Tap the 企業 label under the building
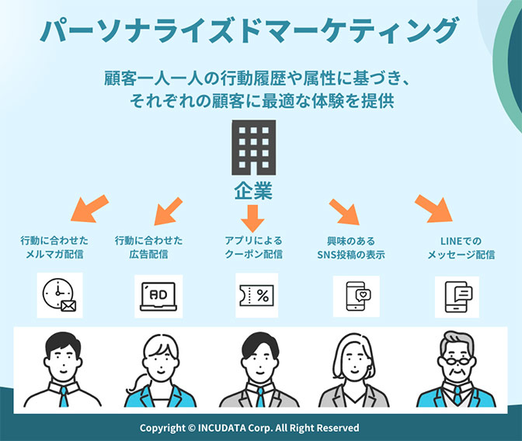[252, 191]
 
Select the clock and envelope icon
[60, 295]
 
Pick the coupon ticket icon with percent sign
[256, 295]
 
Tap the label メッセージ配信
[461, 255]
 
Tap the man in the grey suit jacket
[256, 373]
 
